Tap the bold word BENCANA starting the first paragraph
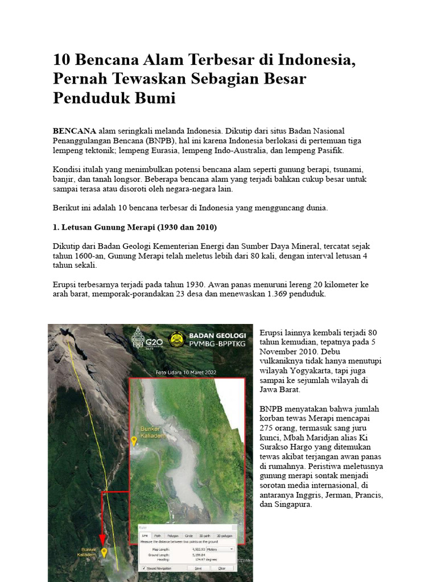(75, 131)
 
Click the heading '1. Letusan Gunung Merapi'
(135, 227)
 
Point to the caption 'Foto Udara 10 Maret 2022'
(187, 373)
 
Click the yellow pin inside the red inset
(134, 440)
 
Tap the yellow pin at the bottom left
(104, 552)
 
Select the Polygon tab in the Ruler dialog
(173, 535)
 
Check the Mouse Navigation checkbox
(143, 568)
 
